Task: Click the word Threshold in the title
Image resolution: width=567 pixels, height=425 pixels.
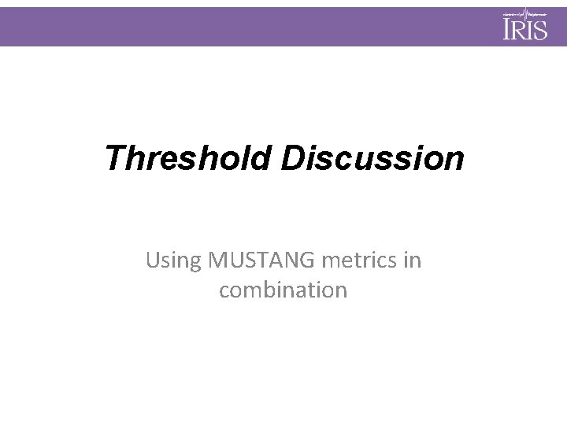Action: (188, 157)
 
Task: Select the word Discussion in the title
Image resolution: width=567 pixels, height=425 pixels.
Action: (372, 157)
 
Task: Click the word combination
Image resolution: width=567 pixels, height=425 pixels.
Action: (283, 290)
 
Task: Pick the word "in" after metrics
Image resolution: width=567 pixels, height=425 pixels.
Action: (413, 260)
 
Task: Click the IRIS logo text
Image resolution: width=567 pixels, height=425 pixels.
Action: (525, 29)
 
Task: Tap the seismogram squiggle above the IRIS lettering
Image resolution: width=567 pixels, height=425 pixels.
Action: (525, 13)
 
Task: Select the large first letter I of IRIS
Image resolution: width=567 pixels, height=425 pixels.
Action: (508, 29)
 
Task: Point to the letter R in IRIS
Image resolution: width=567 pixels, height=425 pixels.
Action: (519, 30)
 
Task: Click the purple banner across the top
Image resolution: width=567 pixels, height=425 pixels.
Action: (236, 27)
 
